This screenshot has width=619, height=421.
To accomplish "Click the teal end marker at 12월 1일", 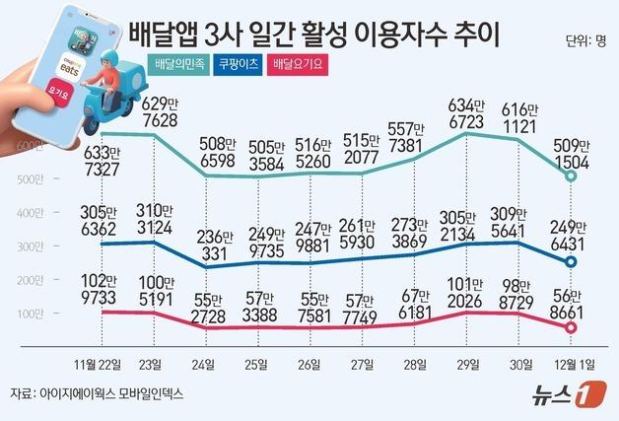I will tap(572, 175).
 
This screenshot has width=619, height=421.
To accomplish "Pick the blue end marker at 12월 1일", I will tap(572, 261).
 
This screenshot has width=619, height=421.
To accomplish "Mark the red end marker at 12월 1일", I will tap(572, 328).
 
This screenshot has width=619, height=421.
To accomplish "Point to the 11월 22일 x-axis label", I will tap(99, 364).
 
